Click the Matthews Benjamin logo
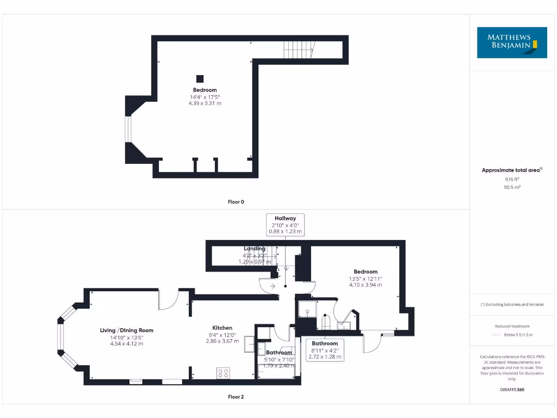pos(513,42)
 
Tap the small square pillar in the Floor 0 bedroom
pos(200,78)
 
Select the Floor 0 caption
pos(236,202)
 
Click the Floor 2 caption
pos(236,397)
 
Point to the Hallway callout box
pos(285,225)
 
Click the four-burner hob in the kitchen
pos(224,373)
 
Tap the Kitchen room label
pos(222,328)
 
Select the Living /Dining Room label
pos(127,330)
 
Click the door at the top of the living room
pos(169,299)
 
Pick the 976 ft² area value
pos(512,179)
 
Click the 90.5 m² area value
pos(512,187)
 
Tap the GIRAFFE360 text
pos(512,390)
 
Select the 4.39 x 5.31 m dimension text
pos(205,103)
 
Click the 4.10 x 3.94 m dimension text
pos(366,285)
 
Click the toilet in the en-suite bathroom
pos(326,322)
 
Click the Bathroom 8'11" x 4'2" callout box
pos(324,350)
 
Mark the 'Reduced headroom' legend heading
pos(512,326)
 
